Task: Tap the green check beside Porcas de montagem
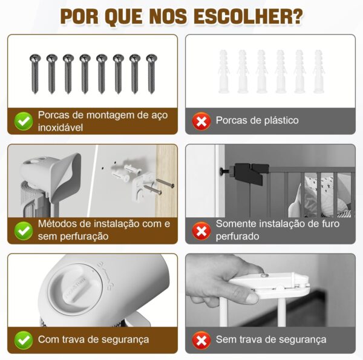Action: coord(24,121)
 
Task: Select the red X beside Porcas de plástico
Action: coord(201,121)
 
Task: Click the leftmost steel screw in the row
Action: coord(35,74)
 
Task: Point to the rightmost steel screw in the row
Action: coord(152,74)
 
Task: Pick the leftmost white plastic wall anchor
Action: coord(224,71)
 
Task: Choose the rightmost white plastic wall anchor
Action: coord(319,71)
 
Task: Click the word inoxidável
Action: coord(60,128)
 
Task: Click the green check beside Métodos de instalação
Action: coord(24,231)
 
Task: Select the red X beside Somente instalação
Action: coord(201,231)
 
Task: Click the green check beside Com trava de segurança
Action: coord(24,340)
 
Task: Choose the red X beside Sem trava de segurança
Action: coord(201,340)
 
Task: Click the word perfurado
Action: coord(238,237)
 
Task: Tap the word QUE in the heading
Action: coord(123,17)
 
